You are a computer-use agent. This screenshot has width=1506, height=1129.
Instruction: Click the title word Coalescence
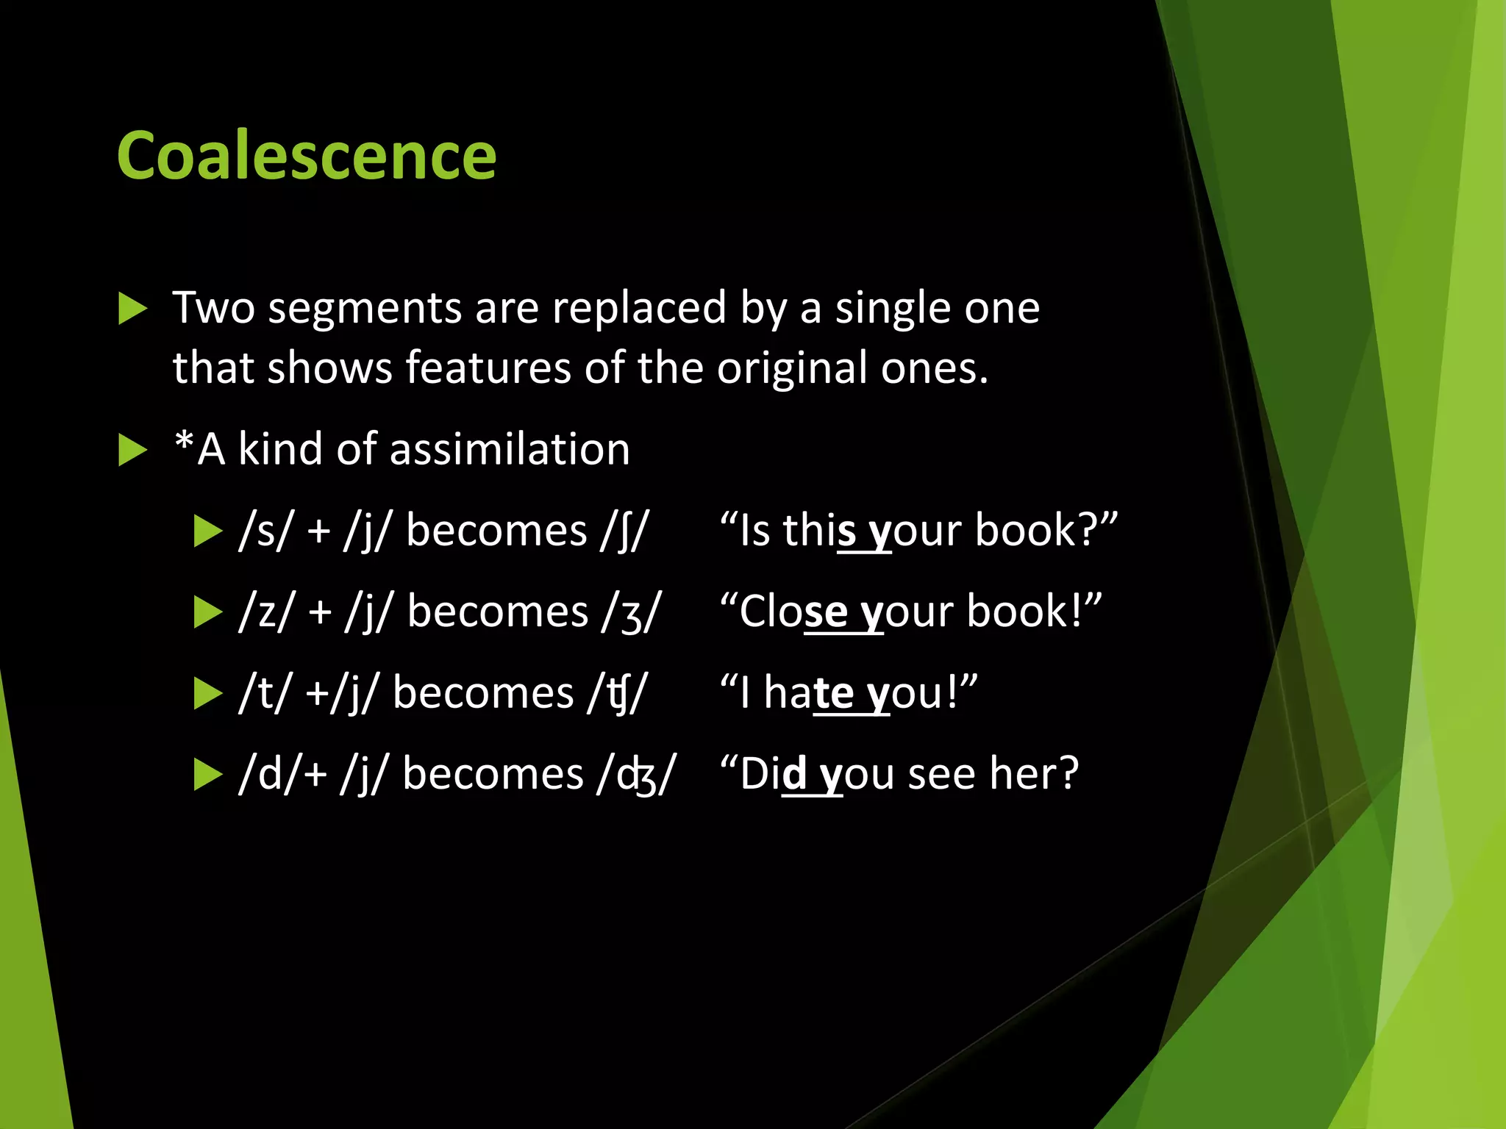point(306,156)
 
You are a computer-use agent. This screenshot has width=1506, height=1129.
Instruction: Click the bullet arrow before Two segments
point(133,308)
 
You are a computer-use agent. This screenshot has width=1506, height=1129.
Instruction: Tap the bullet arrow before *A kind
point(133,450)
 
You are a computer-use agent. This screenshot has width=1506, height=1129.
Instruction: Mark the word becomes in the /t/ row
point(482,693)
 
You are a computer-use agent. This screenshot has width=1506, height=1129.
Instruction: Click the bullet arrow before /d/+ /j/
point(208,775)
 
